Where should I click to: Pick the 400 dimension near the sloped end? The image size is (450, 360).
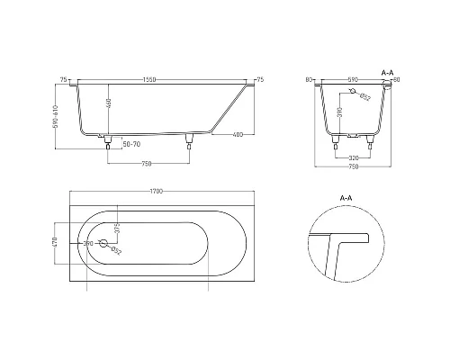click(x=236, y=134)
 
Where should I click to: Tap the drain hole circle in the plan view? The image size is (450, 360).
click(x=103, y=243)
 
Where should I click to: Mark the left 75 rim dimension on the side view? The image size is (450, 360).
click(x=63, y=79)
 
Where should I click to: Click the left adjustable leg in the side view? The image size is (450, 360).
click(x=109, y=140)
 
